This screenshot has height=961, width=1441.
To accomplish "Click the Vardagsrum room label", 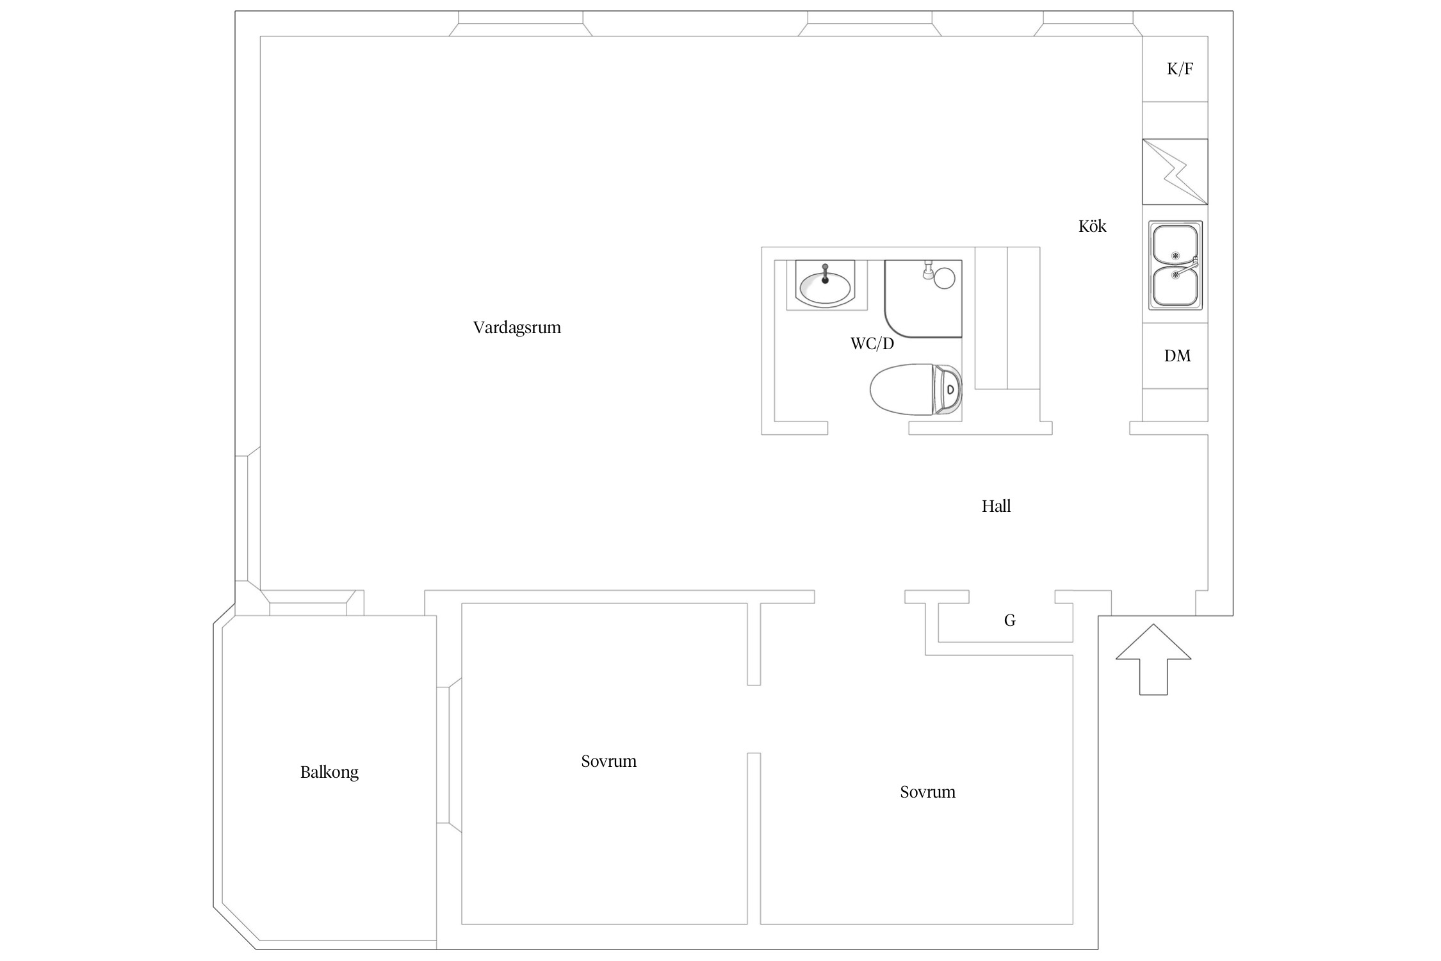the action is (517, 327).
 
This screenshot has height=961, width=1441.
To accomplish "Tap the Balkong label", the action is (329, 772).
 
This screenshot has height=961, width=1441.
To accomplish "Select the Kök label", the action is (1092, 226).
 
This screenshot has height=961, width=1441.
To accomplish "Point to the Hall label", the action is (996, 506).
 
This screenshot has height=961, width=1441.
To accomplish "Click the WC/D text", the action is (872, 343).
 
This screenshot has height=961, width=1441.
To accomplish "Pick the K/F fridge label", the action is (1180, 69).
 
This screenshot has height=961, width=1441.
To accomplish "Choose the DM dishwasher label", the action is (1177, 356).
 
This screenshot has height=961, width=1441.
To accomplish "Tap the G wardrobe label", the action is (1009, 620).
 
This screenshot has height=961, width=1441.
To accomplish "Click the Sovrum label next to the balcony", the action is (608, 761).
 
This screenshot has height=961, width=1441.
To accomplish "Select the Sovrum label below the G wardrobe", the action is (927, 792).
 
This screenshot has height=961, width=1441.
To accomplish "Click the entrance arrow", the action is (1153, 659).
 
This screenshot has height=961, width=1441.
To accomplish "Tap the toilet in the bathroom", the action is (916, 389).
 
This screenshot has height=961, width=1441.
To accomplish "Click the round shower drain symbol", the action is (945, 278).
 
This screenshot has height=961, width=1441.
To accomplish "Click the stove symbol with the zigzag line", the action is (1175, 172).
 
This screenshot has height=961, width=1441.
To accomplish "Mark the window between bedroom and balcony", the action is (449, 755).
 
